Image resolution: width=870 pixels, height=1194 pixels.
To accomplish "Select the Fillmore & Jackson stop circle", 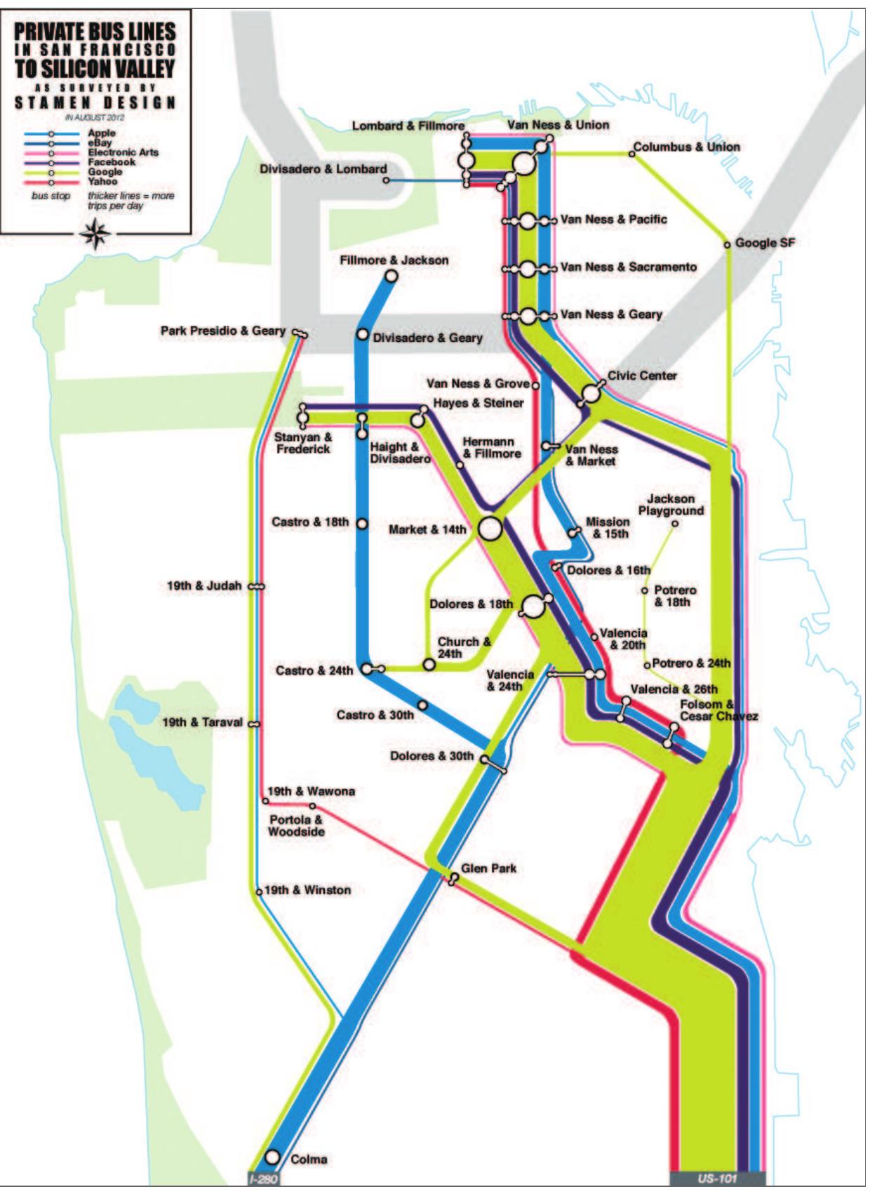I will click(391, 276).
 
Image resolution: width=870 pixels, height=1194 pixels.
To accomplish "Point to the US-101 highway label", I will click(717, 1179).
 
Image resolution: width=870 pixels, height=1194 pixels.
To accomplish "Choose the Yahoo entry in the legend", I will click(102, 182).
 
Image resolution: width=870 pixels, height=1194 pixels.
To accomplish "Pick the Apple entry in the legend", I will click(102, 133).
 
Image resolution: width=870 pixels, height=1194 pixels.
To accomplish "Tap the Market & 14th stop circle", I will click(490, 529).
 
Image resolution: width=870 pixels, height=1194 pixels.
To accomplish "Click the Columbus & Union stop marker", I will click(631, 154).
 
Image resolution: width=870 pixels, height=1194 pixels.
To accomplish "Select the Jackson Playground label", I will click(671, 505).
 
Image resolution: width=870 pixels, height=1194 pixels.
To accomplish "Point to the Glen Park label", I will click(488, 868).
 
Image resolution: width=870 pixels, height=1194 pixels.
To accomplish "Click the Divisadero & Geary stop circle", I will click(362, 335).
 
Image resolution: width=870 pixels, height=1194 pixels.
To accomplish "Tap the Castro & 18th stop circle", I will click(362, 523).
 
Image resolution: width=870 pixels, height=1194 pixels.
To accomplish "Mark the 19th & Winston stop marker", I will click(259, 892).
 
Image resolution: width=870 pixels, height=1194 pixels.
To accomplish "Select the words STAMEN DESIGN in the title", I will click(95, 102).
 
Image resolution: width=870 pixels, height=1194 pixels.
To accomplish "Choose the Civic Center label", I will click(642, 376).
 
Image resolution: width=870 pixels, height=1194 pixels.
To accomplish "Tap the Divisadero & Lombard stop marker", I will click(386, 180).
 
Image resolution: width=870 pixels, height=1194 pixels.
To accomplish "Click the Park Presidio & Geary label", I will click(222, 330).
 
